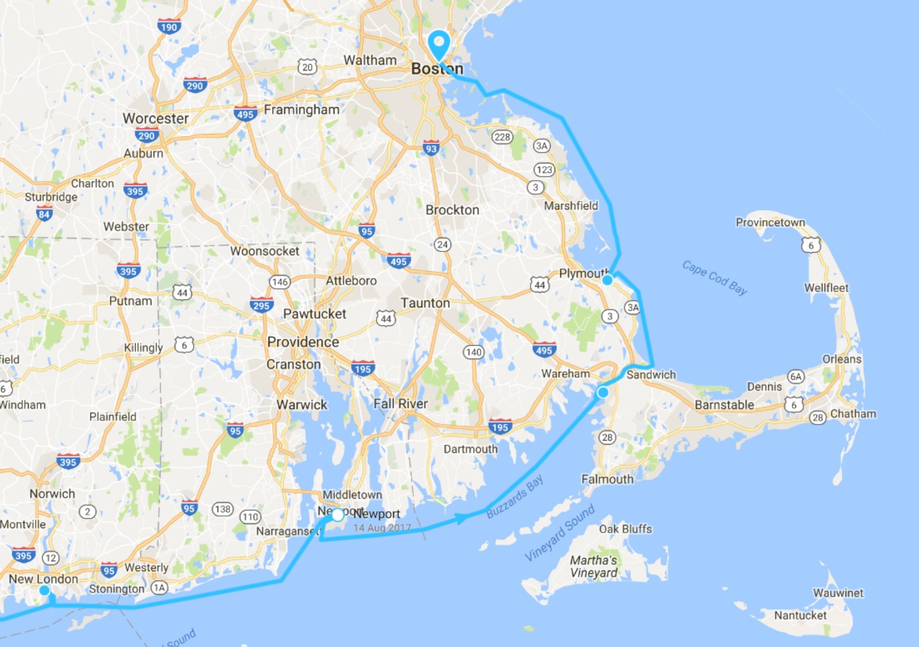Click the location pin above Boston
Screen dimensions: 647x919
click(439, 43)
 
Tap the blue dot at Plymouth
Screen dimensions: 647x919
click(607, 280)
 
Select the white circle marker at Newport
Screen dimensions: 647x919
click(337, 515)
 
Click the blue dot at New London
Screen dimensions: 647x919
click(44, 590)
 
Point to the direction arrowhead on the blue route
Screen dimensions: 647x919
click(460, 519)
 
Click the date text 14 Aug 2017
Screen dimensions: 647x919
click(382, 528)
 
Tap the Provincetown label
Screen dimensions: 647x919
click(770, 222)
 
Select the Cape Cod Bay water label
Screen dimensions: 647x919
click(714, 278)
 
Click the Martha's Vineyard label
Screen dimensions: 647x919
click(593, 566)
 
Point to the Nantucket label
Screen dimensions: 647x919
click(800, 616)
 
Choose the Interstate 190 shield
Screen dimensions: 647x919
click(169, 27)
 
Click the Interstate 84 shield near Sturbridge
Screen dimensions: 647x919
click(44, 214)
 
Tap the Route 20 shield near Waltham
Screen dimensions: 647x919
click(307, 67)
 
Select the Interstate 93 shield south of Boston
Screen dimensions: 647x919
click(431, 149)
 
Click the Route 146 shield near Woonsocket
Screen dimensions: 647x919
click(280, 282)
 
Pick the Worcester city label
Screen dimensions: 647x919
click(155, 119)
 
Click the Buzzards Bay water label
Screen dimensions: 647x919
click(514, 497)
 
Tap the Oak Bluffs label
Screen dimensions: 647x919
click(625, 529)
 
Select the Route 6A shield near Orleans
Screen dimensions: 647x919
click(796, 377)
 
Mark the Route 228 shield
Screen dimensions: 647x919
click(502, 137)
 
